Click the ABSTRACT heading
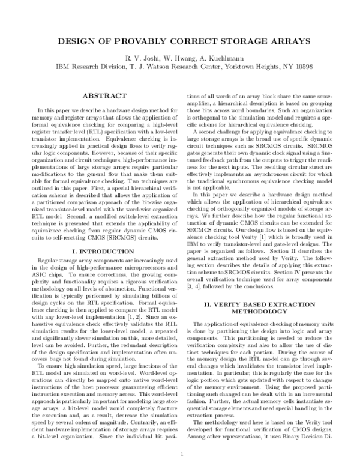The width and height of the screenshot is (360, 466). [103, 96]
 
